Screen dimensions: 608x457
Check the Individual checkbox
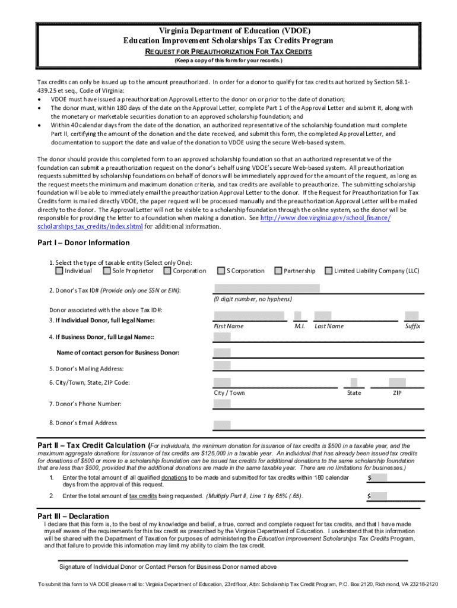pyautogui.click(x=59, y=271)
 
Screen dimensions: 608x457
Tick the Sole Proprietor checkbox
pyautogui.click(x=107, y=271)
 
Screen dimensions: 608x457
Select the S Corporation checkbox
pyautogui.click(x=221, y=271)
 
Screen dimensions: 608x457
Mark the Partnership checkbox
pyautogui.click(x=278, y=271)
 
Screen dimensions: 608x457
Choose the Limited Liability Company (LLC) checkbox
pyautogui.click(x=328, y=271)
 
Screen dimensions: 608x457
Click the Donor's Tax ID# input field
pyautogui.click(x=266, y=289)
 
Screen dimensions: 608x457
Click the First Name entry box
pyautogui.click(x=249, y=316)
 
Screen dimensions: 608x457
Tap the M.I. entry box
pyautogui.click(x=298, y=316)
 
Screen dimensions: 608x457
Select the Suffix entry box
pyautogui.click(x=411, y=316)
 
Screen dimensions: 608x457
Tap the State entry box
pyautogui.click(x=354, y=382)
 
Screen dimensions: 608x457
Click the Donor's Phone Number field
pyautogui.click(x=222, y=404)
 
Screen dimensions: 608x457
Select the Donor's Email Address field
pyautogui.click(x=222, y=425)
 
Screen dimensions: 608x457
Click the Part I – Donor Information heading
pyautogui.click(x=83, y=243)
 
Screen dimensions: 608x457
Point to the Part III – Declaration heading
pyautogui.click(x=73, y=516)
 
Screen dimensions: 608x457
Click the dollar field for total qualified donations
pyautogui.click(x=378, y=478)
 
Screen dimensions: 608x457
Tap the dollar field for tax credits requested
pyautogui.click(x=378, y=496)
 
